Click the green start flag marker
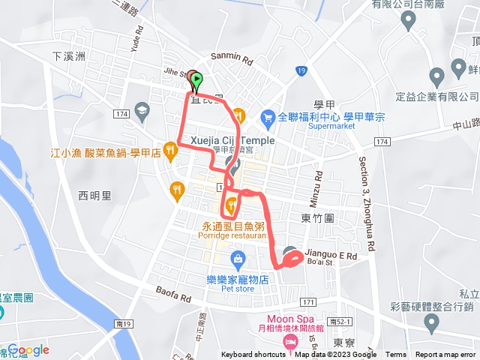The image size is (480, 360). (x=196, y=79)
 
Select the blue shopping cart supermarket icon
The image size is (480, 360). (x=268, y=117)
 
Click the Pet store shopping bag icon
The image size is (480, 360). (x=238, y=260)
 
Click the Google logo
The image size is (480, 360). (x=28, y=349)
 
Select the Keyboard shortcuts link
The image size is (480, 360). (x=253, y=355)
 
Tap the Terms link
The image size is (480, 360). (x=396, y=355)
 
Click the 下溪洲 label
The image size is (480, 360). (x=70, y=56)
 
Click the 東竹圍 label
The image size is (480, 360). (x=316, y=218)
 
